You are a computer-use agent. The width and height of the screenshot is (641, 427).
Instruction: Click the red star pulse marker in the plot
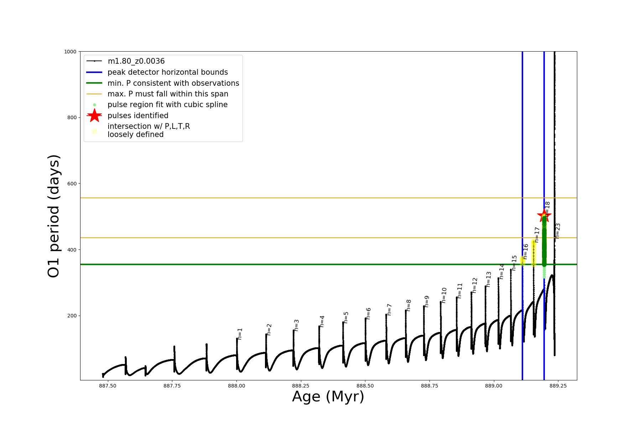click(x=544, y=215)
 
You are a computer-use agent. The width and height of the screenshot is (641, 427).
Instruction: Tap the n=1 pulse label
click(x=240, y=334)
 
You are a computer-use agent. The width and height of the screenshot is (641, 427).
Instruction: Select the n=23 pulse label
click(x=558, y=231)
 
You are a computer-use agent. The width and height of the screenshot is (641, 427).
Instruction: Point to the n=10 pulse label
click(x=444, y=295)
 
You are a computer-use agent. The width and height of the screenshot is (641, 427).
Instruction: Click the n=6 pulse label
click(x=369, y=313)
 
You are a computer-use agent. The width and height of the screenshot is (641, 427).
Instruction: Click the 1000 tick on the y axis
click(x=70, y=52)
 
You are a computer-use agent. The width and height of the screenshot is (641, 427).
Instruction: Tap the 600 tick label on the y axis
click(x=71, y=184)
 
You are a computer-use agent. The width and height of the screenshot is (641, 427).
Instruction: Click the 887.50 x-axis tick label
click(x=108, y=386)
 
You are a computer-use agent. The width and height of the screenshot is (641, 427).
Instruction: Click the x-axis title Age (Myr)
click(x=328, y=397)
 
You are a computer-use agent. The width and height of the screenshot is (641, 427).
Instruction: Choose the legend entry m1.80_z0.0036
click(x=136, y=61)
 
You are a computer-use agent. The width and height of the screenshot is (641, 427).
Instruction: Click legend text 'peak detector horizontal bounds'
click(x=167, y=72)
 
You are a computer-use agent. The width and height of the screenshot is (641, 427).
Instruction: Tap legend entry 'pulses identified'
click(x=138, y=116)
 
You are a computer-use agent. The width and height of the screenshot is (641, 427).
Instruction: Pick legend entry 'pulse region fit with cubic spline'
click(x=167, y=105)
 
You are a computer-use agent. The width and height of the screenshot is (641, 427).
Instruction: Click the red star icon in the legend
click(x=94, y=115)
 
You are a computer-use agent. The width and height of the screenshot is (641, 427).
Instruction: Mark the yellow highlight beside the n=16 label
click(x=522, y=260)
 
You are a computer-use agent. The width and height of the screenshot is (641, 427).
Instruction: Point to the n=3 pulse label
click(x=297, y=325)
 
